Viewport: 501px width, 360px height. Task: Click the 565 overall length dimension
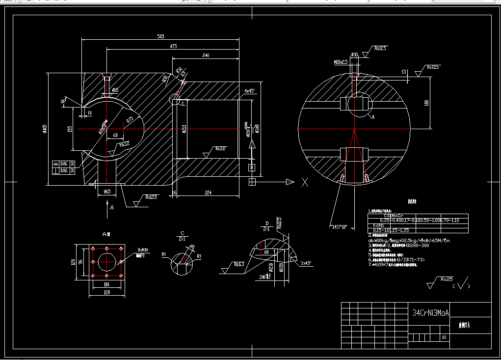click(160, 36)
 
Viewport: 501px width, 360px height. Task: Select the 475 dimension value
click(173, 46)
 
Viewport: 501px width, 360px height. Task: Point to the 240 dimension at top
click(205, 55)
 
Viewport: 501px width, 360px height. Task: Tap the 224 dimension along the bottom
click(208, 193)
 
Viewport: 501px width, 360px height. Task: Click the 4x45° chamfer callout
click(249, 91)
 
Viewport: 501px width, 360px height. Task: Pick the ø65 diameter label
click(106, 192)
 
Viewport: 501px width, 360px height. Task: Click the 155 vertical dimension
click(70, 129)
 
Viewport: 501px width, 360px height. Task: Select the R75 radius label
click(130, 119)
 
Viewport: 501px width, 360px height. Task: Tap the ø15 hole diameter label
click(115, 90)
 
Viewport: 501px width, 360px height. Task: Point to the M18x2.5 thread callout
click(340, 62)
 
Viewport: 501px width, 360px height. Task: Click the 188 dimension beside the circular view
click(426, 103)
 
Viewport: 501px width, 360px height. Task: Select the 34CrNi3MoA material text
click(430, 312)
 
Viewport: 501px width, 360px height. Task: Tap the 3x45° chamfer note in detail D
click(306, 263)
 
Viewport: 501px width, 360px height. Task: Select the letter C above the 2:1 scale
click(183, 233)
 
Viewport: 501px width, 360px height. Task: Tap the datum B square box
click(252, 168)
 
